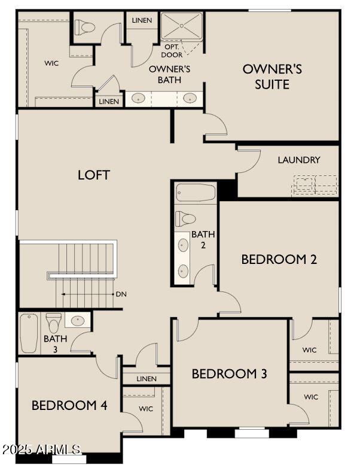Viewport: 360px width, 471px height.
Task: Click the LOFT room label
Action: pos(94,175)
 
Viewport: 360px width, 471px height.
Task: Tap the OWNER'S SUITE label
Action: pos(272,76)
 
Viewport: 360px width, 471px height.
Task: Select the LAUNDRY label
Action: pos(299,160)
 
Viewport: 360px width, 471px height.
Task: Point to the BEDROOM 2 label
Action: pos(279,259)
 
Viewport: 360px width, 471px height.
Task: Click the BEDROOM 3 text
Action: pos(229,374)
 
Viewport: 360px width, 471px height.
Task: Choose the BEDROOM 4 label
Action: pos(69,405)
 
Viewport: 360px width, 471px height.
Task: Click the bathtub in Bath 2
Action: pos(196,193)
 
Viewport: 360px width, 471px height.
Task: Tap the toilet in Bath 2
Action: pos(186,218)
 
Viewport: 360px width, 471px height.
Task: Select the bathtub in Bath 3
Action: pos(29,333)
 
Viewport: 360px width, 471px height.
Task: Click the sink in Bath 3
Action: pos(78,320)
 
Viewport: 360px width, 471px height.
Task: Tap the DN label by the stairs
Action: pos(121,294)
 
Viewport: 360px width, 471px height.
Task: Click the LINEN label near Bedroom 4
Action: pos(146,379)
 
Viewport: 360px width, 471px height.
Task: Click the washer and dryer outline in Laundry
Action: pos(315,185)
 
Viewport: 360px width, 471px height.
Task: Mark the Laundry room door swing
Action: pos(250,160)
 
